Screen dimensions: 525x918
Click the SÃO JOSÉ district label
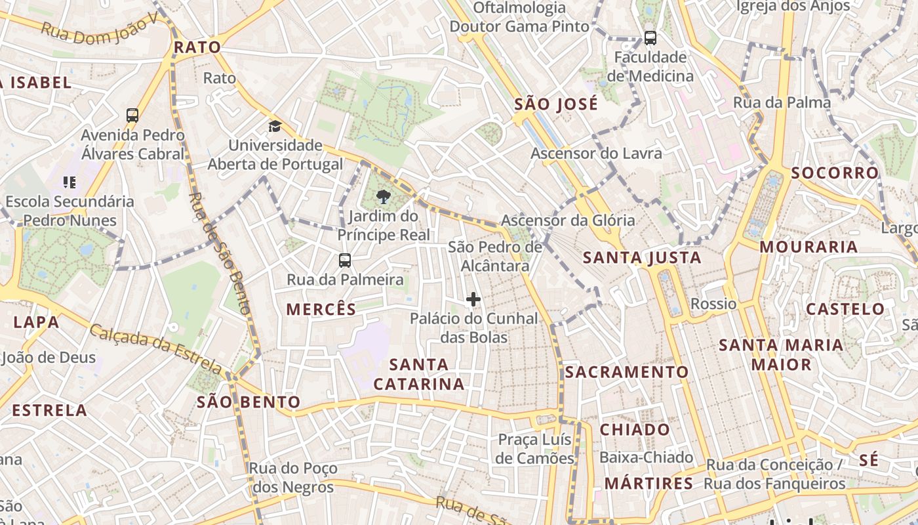[556, 104]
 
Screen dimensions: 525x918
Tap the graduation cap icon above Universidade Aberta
[275, 126]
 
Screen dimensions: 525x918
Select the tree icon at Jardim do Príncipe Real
[384, 196]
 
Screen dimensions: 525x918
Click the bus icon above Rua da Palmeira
[345, 260]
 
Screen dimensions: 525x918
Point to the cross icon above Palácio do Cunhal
[473, 300]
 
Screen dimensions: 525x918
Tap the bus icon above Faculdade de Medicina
[650, 38]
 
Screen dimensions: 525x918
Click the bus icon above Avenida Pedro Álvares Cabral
[132, 115]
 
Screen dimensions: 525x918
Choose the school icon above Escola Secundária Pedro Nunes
[70, 182]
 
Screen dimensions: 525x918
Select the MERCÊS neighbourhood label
[321, 309]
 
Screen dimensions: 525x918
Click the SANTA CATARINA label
[419, 374]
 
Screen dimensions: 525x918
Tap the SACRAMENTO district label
[627, 372]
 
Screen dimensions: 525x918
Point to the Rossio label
[713, 304]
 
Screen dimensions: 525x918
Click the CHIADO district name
[635, 430]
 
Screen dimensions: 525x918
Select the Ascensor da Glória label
[568, 220]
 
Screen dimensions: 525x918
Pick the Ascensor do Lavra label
[596, 154]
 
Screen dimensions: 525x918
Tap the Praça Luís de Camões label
[534, 449]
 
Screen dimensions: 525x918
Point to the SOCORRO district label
[835, 173]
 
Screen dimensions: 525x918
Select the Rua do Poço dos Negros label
[293, 478]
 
